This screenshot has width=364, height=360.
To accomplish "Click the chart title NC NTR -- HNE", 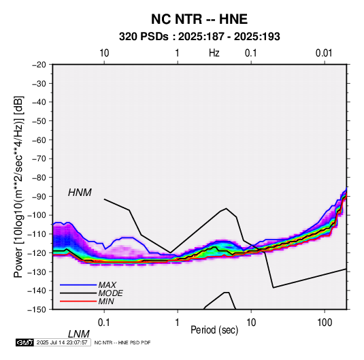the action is (x=199, y=19).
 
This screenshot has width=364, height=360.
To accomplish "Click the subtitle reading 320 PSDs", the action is (x=144, y=37).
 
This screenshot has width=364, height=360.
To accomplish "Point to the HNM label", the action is (x=80, y=193).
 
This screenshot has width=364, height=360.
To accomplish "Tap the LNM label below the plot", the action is (x=78, y=334).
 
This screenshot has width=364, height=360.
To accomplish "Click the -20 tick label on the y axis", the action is (x=39, y=65).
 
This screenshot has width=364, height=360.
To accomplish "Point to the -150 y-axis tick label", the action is (x=37, y=310).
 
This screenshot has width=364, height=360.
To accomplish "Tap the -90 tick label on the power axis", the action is (x=39, y=197).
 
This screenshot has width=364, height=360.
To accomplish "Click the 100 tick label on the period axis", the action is (x=325, y=323).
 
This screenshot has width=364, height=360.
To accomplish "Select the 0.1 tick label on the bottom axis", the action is (x=104, y=323).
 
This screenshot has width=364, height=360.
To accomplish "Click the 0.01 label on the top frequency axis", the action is (x=324, y=53).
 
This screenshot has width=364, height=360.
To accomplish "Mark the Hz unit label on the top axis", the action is (x=214, y=53).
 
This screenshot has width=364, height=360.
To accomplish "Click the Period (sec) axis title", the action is (x=214, y=330).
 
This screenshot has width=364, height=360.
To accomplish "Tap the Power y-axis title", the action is (x=18, y=186).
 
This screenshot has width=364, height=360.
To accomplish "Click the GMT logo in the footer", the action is (x=24, y=342).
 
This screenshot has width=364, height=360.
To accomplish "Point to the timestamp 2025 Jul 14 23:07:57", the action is (x=62, y=342).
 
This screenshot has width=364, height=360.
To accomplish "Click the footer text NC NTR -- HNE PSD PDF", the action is (x=122, y=342).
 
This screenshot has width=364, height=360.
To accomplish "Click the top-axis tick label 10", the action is (x=104, y=53).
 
